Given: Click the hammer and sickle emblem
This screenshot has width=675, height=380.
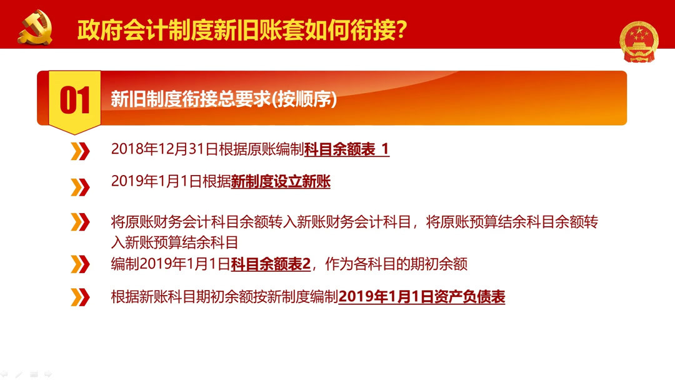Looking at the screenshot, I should click(x=35, y=27).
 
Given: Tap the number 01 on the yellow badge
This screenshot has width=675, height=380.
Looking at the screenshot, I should click(x=75, y=101).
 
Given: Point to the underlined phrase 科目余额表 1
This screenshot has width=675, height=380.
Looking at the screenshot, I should click(x=347, y=149).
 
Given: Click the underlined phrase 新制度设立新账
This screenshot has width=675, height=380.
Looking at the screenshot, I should click(x=281, y=182).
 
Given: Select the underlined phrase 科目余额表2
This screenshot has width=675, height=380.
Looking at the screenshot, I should click(x=271, y=264).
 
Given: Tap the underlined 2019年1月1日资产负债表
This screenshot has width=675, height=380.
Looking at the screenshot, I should click(x=421, y=297).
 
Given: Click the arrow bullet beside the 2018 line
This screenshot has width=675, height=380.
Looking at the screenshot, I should click(x=80, y=151).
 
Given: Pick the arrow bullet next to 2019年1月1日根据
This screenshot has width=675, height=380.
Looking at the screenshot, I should click(x=80, y=186).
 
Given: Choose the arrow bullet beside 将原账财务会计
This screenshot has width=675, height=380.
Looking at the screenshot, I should click(x=80, y=222).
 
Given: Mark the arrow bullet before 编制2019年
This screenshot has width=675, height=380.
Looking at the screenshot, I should click(x=80, y=264).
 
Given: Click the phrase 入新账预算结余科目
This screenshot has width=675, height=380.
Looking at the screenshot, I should click(x=174, y=242).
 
